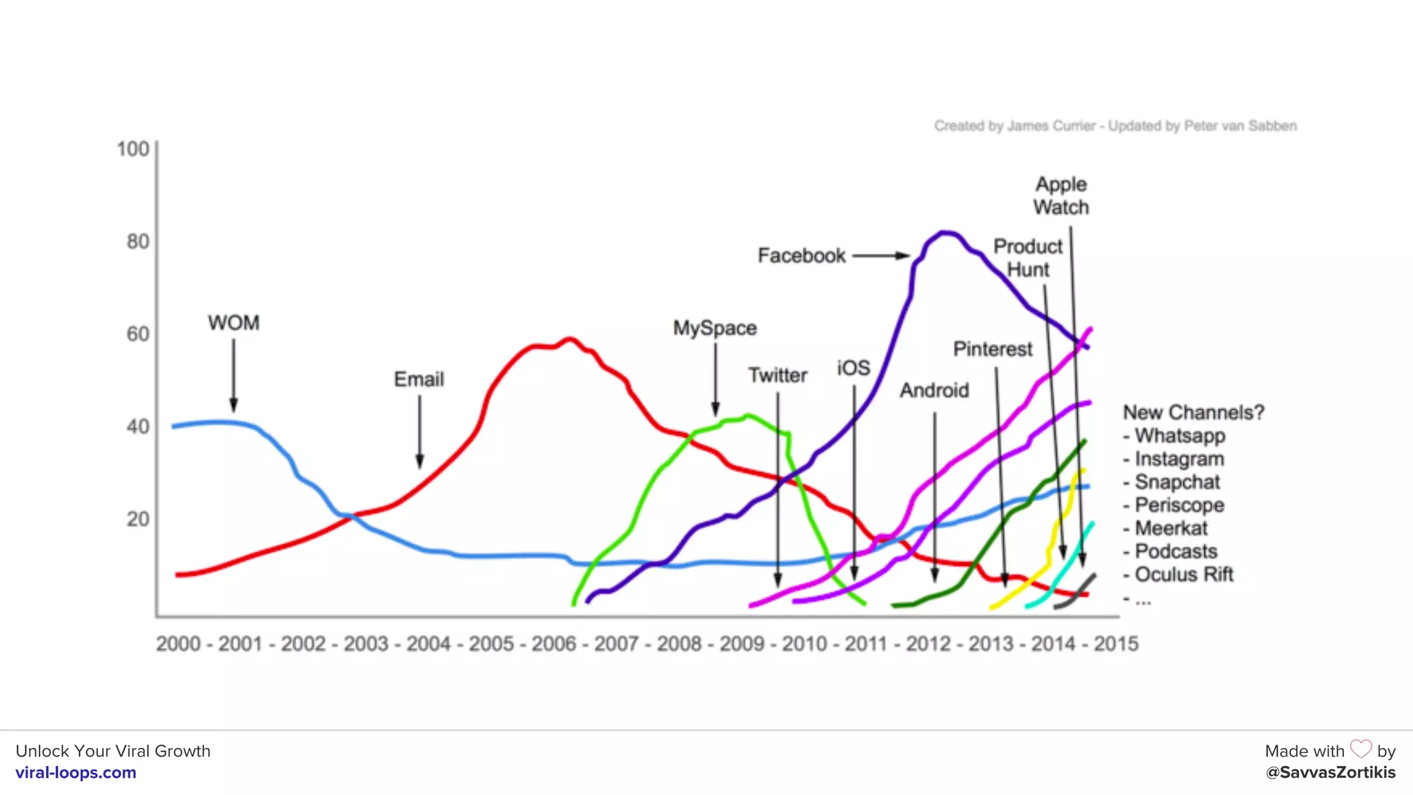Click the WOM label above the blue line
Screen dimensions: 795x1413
click(234, 323)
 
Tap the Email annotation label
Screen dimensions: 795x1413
click(419, 380)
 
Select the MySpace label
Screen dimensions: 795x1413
click(715, 328)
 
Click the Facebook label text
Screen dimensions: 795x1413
click(801, 256)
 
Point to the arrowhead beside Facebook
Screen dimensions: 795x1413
click(902, 255)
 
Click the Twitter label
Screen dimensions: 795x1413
click(778, 375)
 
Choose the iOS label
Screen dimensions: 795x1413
click(853, 369)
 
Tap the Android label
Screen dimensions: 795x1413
click(934, 391)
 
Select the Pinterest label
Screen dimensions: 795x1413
click(993, 349)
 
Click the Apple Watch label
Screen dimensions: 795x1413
click(1061, 196)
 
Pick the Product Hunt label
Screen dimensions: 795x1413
click(1028, 258)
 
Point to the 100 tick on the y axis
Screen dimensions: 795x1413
click(132, 149)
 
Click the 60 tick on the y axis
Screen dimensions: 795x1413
click(138, 335)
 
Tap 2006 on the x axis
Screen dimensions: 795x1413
click(553, 644)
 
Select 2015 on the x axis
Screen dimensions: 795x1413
click(1116, 644)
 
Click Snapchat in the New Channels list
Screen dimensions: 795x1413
click(1177, 482)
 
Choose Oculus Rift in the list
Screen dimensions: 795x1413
click(1183, 575)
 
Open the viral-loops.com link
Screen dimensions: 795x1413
click(76, 773)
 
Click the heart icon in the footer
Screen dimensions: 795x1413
click(1361, 749)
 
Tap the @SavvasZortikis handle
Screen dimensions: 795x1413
click(1330, 773)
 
